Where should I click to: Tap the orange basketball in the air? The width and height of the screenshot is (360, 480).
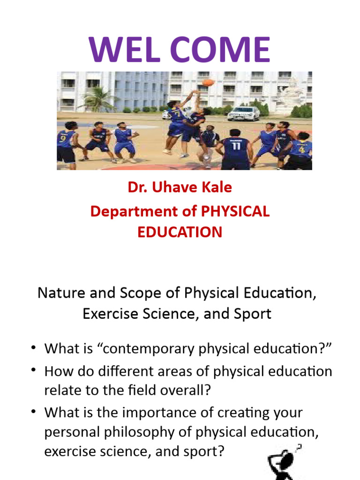tap(208, 82)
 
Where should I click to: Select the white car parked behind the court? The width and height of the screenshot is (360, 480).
tap(243, 113)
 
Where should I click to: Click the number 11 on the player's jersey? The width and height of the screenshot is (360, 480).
tap(235, 145)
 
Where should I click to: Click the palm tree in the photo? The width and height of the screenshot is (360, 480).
tap(99, 98)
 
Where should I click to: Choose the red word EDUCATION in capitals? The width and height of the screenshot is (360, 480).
tap(180, 232)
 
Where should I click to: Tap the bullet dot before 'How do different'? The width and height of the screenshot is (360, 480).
tap(34, 370)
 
